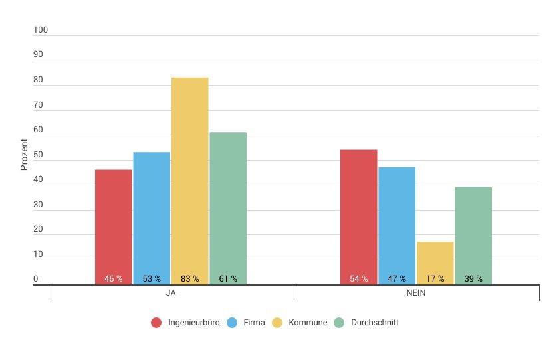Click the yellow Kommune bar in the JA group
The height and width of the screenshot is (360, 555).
pyautogui.click(x=189, y=173)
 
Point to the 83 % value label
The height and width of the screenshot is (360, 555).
pyautogui.click(x=189, y=279)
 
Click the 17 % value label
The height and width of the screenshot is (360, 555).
pyautogui.click(x=435, y=279)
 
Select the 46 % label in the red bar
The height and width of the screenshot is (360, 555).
pyautogui.click(x=113, y=279)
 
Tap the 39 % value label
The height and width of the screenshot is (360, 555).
pyautogui.click(x=473, y=279)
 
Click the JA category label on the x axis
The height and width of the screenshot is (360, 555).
pyautogui.click(x=171, y=293)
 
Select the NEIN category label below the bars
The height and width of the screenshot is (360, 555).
pyautogui.click(x=416, y=293)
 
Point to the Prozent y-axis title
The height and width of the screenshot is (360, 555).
pyautogui.click(x=25, y=154)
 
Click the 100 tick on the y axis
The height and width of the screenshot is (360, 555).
pyautogui.click(x=41, y=30)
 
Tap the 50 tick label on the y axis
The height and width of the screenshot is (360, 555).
pyautogui.click(x=38, y=155)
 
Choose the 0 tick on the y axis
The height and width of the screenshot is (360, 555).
pyautogui.click(x=36, y=280)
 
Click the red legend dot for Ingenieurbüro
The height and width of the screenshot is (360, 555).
pyautogui.click(x=156, y=323)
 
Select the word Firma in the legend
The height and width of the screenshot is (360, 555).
pyautogui.click(x=254, y=323)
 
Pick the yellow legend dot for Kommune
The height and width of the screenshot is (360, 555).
pyautogui.click(x=277, y=323)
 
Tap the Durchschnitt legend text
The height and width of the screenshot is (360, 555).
pyautogui.click(x=374, y=323)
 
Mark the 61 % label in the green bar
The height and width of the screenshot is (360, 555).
pyautogui.click(x=228, y=279)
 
